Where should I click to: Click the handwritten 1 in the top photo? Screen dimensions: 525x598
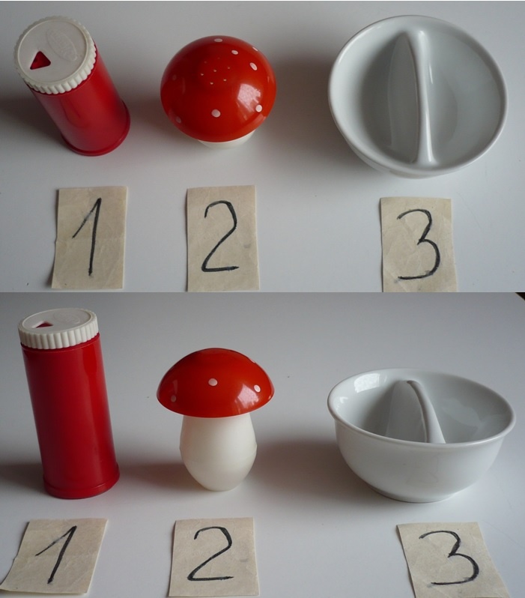(91, 237)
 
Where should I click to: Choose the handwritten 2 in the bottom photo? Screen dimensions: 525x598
(211, 554)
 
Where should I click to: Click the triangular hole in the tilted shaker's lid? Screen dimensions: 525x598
(39, 60)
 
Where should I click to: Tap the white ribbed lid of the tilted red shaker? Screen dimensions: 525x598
(55, 55)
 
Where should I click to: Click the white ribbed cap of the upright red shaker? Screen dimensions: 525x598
(58, 328)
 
